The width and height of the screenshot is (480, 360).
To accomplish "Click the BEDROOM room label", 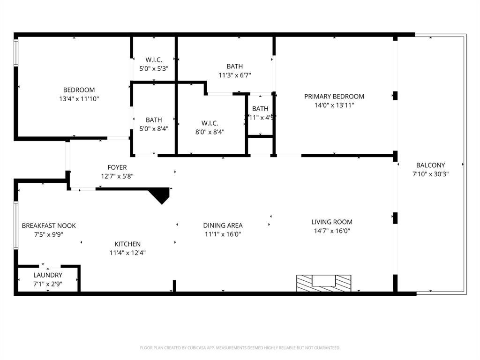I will pos(79,90).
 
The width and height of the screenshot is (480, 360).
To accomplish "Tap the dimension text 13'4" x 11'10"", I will pos(79,99).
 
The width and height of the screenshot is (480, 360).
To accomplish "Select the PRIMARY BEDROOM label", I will pos(334,97).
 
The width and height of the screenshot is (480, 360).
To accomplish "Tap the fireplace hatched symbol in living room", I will pos(324,283).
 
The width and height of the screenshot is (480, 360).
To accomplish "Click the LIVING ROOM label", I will pos(332,222).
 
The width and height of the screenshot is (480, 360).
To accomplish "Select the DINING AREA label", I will pos(223,225).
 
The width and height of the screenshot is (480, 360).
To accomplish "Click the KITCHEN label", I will pos(127,244).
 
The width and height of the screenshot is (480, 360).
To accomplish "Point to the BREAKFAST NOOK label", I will pos(49,225).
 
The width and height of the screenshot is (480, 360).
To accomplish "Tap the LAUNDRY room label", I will pos(48,275).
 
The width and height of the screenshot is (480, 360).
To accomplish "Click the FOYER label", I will pos(117,167).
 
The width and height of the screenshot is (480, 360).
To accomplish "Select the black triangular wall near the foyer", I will pos(161,194).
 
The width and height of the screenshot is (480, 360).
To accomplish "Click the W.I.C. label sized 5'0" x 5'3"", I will pos(154,60).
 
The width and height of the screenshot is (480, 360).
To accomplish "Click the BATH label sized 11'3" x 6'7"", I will pos(234,67).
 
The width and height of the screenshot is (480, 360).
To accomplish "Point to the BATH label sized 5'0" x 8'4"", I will pos(154,120).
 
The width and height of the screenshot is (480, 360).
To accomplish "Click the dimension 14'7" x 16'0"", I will pos(332,231).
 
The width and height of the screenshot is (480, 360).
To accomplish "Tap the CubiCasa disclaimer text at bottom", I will pos(240,348).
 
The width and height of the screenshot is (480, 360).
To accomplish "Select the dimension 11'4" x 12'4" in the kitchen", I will pos(127,253).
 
